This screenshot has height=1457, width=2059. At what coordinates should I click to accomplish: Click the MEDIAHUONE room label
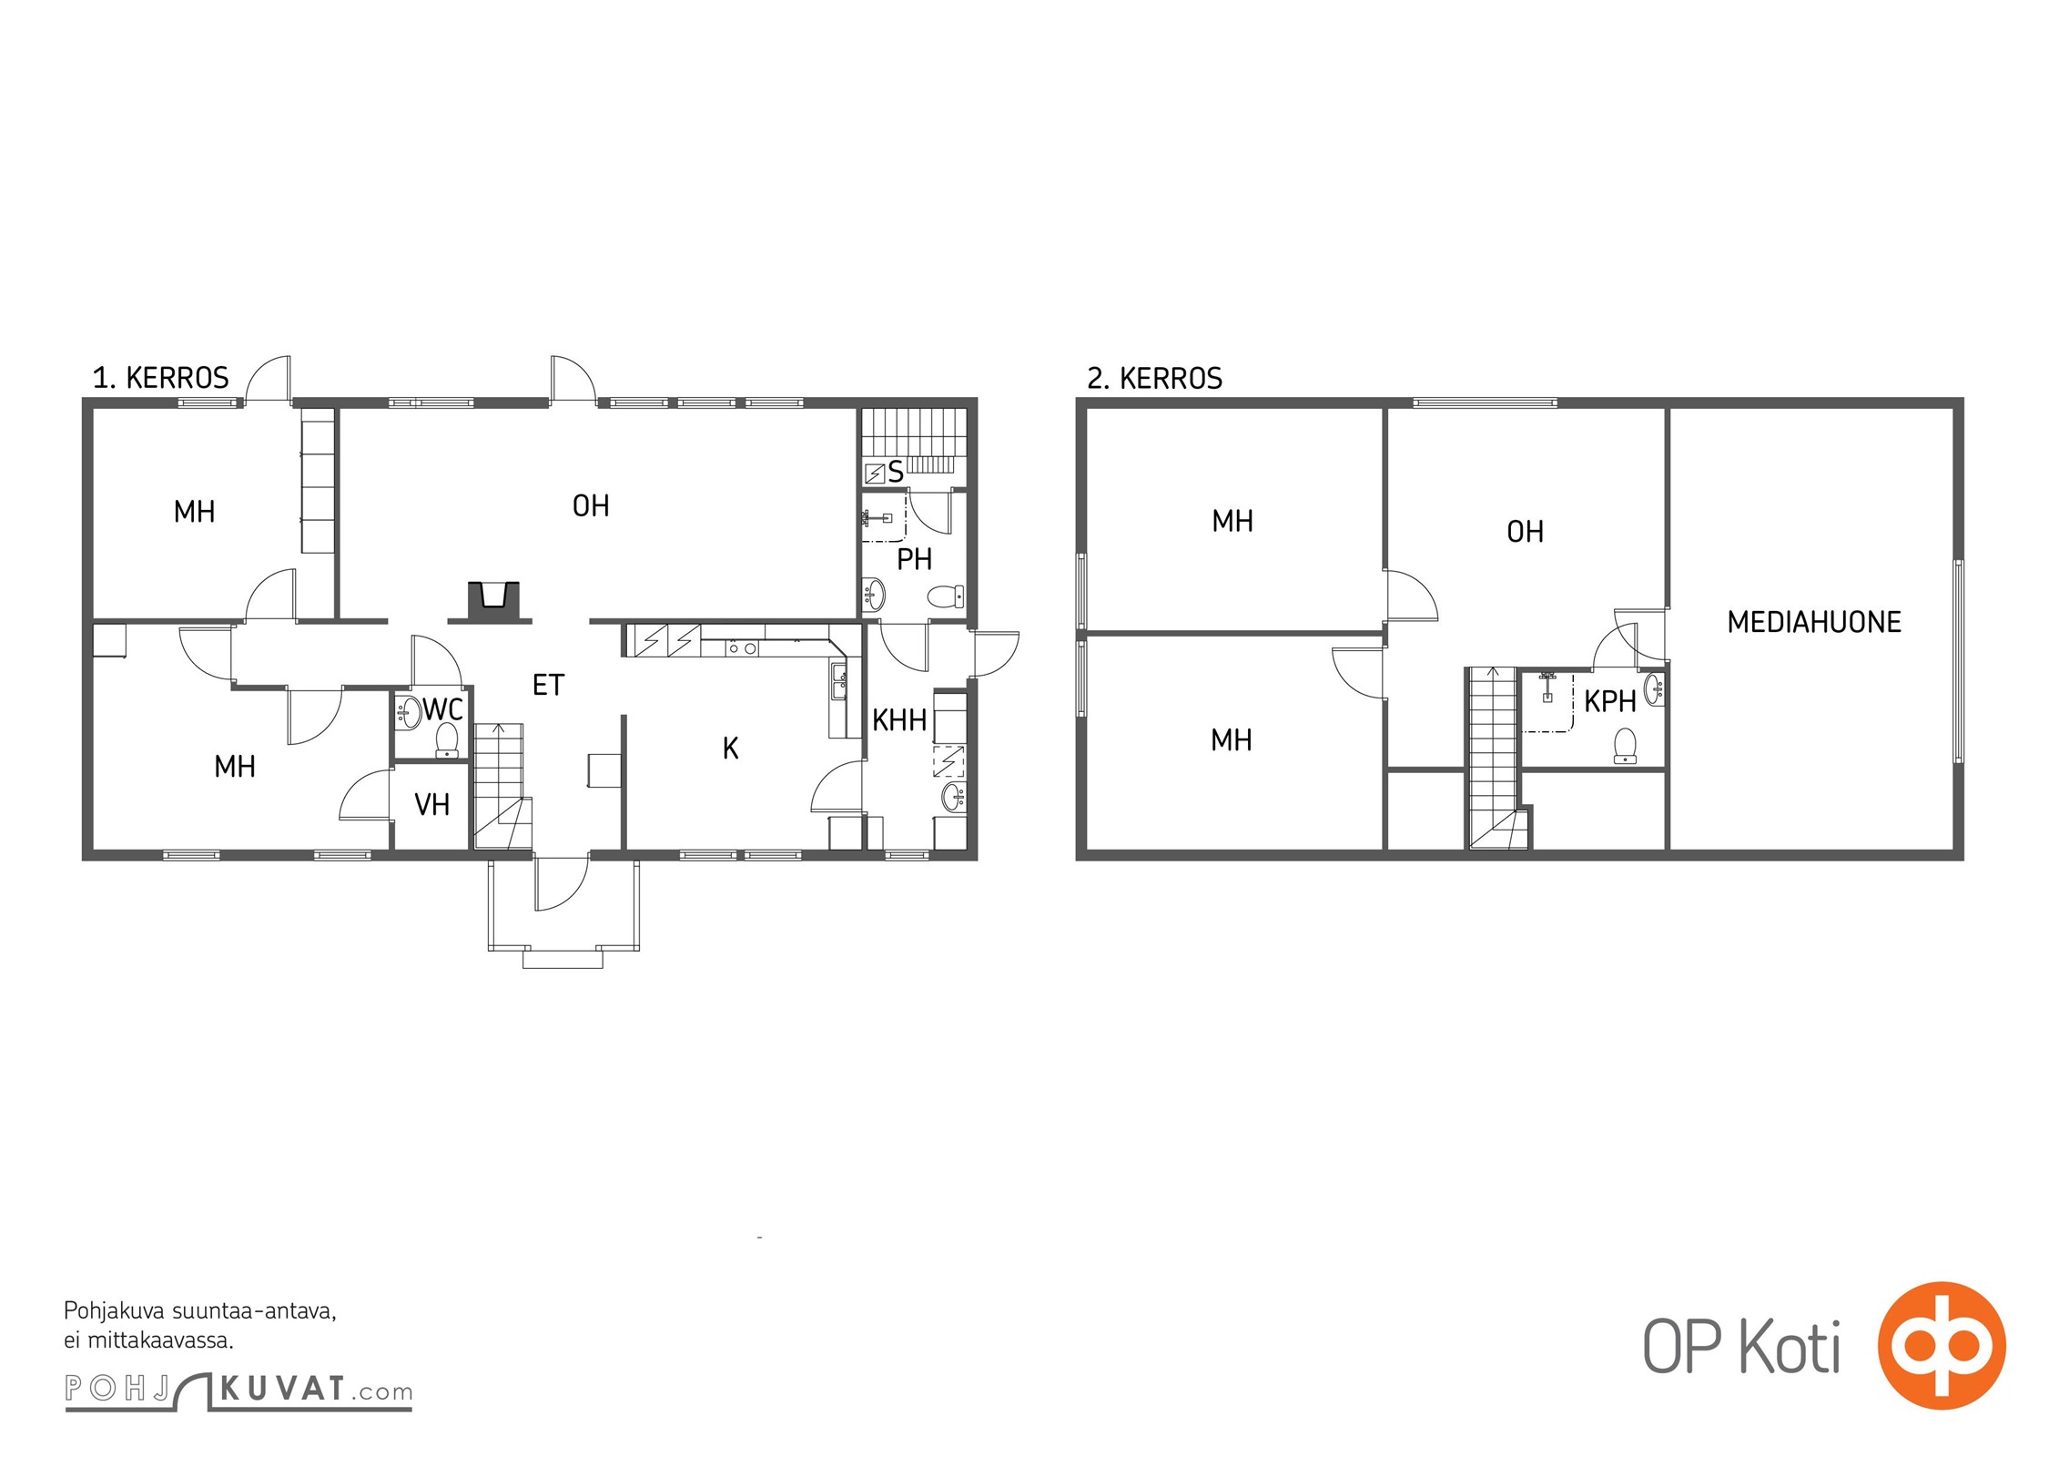tap(1814, 622)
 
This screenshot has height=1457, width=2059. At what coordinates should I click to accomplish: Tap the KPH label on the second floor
tap(1610, 701)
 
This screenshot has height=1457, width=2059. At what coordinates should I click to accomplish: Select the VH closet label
tap(431, 804)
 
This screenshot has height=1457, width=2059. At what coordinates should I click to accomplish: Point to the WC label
tap(443, 709)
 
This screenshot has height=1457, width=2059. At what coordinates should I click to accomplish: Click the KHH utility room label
tap(899, 720)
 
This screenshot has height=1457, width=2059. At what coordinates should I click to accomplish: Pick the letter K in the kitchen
tap(730, 749)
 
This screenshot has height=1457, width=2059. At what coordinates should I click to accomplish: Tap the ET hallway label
tap(548, 685)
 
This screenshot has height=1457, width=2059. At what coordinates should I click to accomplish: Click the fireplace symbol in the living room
tap(493, 602)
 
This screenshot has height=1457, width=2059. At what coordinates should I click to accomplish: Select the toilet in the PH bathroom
tap(946, 596)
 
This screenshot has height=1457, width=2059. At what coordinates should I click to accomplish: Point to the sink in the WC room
tap(408, 713)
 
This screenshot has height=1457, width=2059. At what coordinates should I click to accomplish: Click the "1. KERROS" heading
tap(160, 378)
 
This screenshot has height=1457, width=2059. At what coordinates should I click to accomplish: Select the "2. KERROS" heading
tap(1154, 378)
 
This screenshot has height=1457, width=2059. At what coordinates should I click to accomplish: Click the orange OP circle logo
tap(1942, 1345)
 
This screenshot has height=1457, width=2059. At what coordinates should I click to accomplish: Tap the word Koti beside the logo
tap(1790, 1348)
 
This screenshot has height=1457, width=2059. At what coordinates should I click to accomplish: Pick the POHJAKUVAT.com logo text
tap(238, 1391)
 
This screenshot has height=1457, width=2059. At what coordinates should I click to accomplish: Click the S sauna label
tap(896, 472)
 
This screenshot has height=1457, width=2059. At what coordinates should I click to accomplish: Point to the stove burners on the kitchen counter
tap(742, 647)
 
